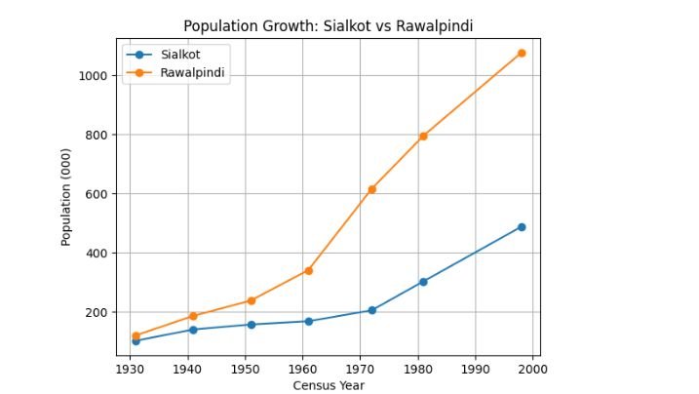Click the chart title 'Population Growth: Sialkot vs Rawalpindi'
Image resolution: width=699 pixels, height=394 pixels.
[x=329, y=26]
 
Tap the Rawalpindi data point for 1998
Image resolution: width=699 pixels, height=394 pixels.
[x=522, y=53]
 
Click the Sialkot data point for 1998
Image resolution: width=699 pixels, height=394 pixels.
[x=522, y=227]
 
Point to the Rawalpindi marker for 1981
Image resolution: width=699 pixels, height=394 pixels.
[x=423, y=137]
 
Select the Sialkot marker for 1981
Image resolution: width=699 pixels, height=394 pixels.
[x=423, y=282]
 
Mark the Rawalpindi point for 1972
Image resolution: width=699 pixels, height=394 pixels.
[x=371, y=189]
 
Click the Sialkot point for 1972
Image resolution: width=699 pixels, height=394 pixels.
[x=371, y=310]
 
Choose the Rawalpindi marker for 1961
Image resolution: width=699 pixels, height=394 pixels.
[x=308, y=270]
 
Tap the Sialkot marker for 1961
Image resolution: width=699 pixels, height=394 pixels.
[x=308, y=321]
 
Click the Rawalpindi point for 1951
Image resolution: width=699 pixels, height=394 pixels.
[x=251, y=300]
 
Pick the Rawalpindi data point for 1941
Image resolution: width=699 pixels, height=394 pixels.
[x=193, y=316]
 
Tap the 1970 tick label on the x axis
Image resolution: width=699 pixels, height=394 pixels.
[x=360, y=370]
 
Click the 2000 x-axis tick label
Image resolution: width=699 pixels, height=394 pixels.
[x=533, y=370]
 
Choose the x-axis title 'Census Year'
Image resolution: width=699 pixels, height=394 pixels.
[x=329, y=385]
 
